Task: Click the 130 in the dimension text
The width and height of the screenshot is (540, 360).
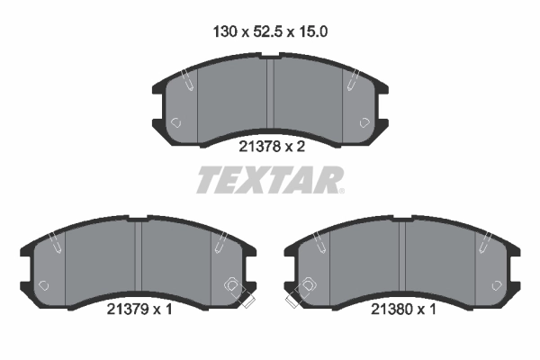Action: click(225, 31)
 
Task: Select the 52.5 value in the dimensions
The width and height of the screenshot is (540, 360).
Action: click(267, 31)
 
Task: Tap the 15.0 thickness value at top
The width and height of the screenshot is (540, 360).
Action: click(312, 31)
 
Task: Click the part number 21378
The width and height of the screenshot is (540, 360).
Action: click(259, 147)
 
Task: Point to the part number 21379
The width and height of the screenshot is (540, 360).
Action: click(127, 310)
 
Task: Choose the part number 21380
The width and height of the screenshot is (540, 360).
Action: click(391, 310)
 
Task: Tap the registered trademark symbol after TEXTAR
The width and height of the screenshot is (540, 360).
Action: click(341, 191)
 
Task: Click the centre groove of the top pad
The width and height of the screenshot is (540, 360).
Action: click(270, 93)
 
